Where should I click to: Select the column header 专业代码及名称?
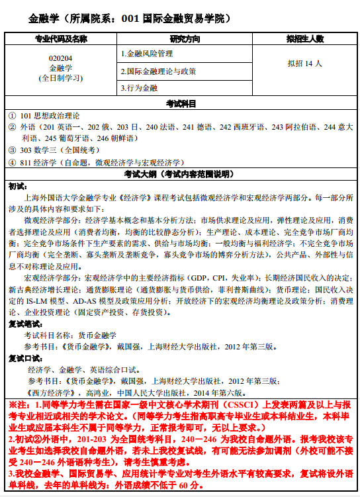pyautogui.click(x=61, y=39)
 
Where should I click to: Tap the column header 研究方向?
pyautogui.click(x=185, y=39)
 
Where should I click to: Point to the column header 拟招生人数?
pyautogui.click(x=305, y=39)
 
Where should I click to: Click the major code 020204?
pyautogui.click(x=61, y=58)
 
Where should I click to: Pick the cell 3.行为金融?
pyautogui.click(x=139, y=87)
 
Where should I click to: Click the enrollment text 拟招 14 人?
pyautogui.click(x=305, y=64)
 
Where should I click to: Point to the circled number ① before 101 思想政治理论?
pyautogui.click(x=13, y=115)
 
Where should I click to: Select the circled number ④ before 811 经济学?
pyautogui.click(x=13, y=162)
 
